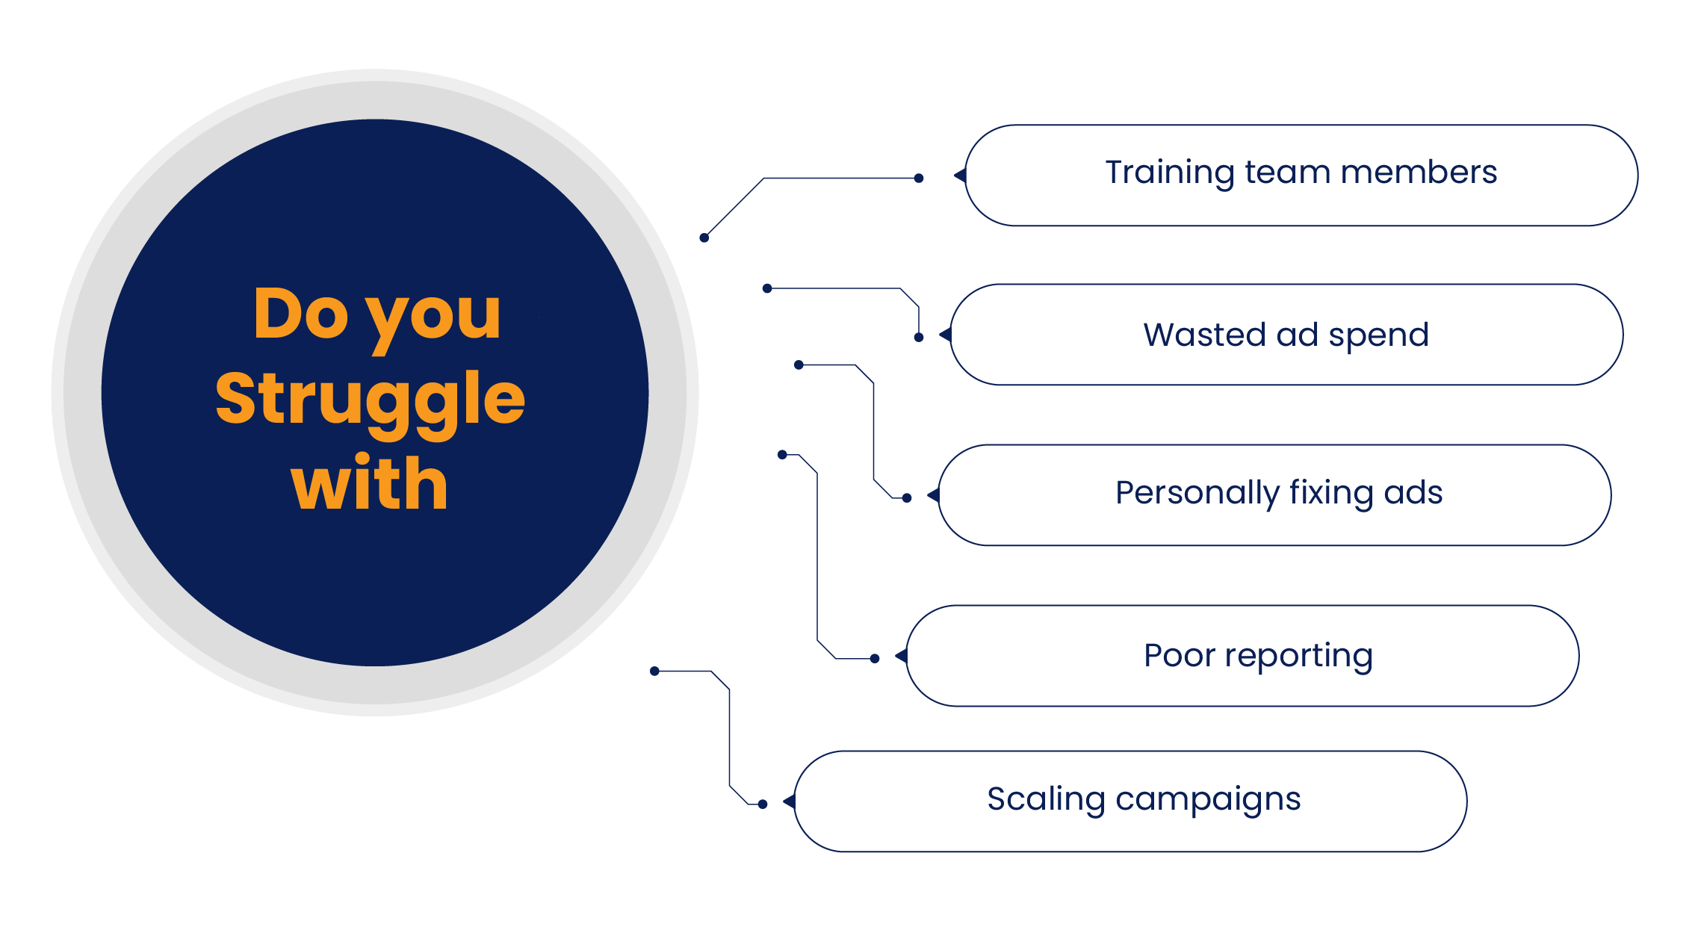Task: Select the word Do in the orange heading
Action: click(301, 314)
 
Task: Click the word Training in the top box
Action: click(1169, 173)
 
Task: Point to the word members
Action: click(1419, 173)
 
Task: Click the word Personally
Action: click(1197, 494)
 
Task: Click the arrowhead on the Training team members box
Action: click(960, 176)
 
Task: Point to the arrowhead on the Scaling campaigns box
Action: click(789, 802)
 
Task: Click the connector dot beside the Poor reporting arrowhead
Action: click(875, 658)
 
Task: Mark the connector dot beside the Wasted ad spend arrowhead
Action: click(919, 337)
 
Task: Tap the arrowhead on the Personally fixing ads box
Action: click(933, 495)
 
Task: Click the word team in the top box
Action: click(1288, 173)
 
